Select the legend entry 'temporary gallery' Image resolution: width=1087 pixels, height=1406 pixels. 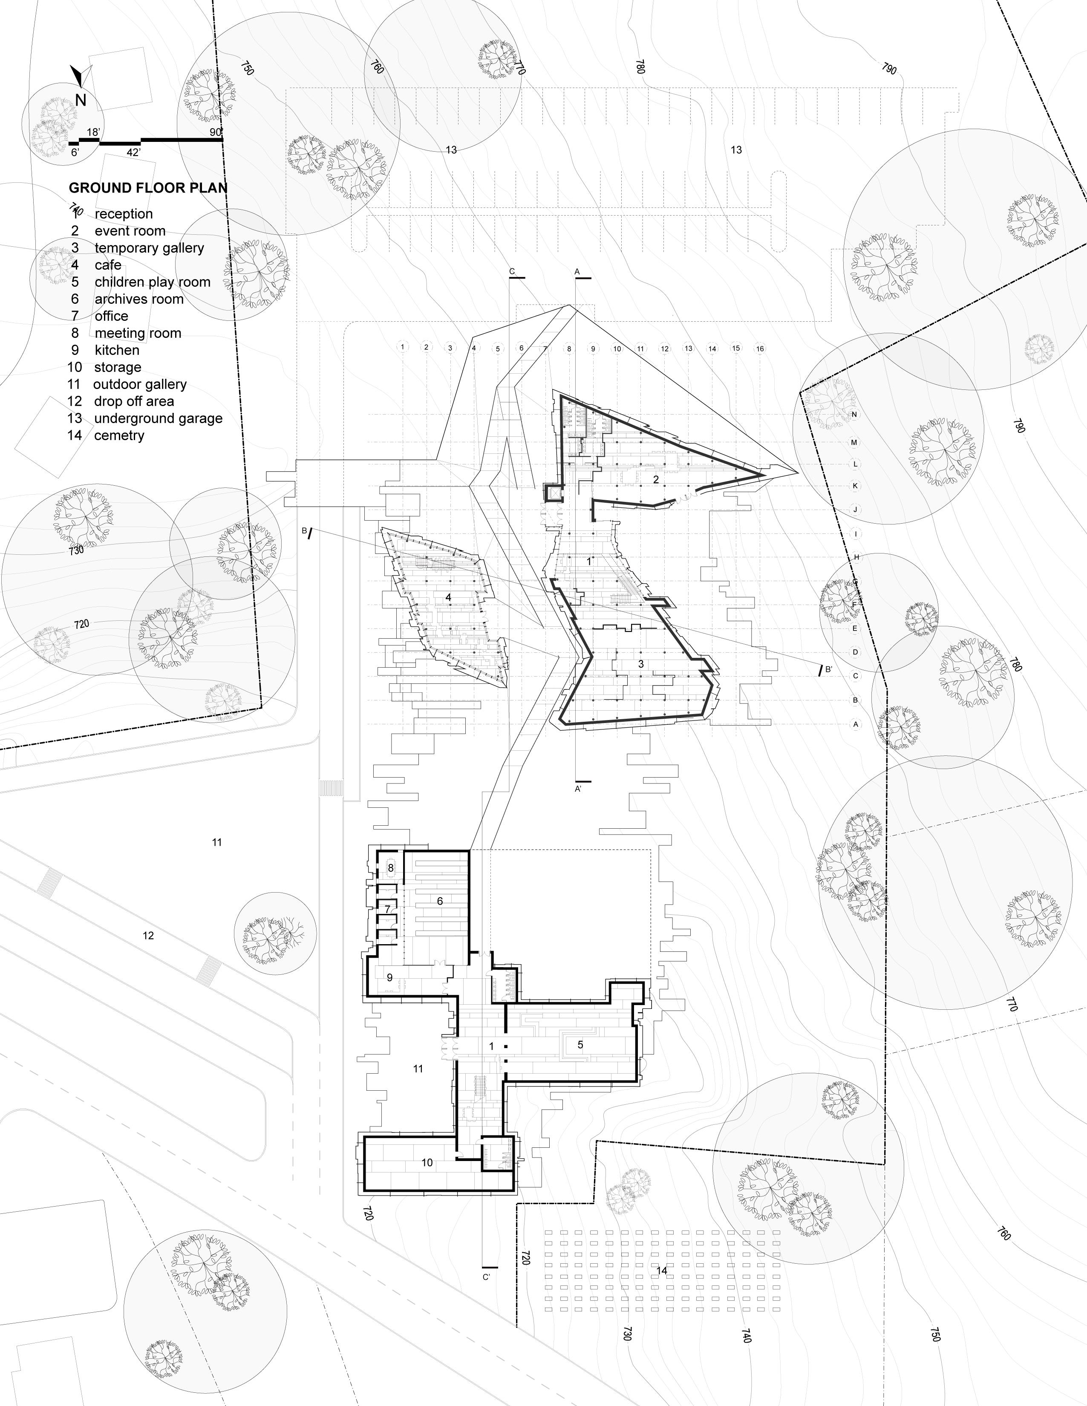149,248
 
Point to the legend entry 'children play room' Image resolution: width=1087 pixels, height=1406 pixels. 152,282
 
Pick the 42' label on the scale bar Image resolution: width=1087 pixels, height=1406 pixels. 134,153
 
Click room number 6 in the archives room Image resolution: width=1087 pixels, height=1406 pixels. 440,901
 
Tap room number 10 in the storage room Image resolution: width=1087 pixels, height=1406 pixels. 427,1163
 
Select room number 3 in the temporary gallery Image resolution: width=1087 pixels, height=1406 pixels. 641,664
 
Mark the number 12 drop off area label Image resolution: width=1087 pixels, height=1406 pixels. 148,935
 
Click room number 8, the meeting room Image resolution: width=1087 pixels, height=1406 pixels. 390,868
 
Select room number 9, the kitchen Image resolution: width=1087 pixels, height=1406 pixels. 389,977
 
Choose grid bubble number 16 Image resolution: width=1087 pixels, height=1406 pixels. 760,348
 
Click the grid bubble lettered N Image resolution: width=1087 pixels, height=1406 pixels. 855,414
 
